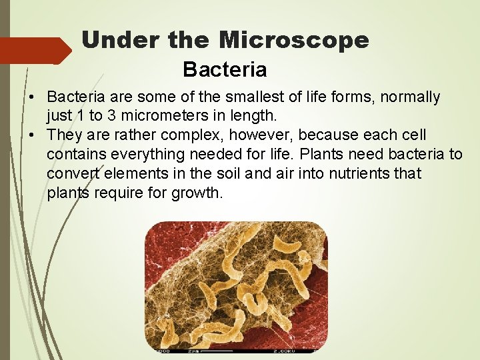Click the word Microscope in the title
click(294, 41)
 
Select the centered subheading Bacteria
click(225, 69)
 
